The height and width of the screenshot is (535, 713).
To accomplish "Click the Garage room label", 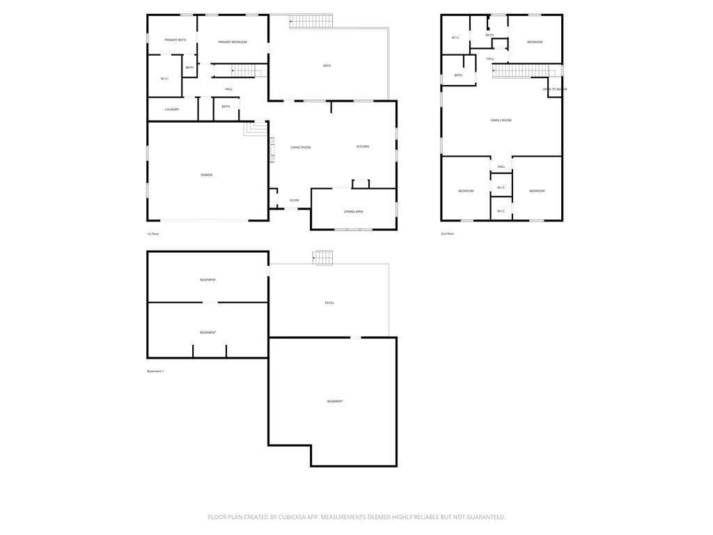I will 207,175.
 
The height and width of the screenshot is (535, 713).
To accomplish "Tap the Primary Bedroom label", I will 233,42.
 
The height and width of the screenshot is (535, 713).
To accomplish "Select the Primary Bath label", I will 175,40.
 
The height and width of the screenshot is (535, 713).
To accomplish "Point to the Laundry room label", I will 172,109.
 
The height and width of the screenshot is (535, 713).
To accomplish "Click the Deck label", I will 327,65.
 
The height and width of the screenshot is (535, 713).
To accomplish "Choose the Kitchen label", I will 363,146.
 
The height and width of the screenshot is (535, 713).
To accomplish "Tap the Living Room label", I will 301,148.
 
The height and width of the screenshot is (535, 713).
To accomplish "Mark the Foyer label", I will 295,201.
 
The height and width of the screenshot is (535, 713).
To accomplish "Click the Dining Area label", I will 354,211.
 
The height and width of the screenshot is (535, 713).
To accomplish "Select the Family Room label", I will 501,121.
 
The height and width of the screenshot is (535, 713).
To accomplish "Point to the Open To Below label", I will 555,89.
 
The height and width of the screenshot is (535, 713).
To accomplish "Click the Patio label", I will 329,303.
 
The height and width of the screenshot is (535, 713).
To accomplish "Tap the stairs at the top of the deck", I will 311,22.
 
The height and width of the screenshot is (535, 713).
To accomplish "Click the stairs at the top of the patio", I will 323,258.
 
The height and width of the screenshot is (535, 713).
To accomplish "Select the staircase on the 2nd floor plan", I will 526,71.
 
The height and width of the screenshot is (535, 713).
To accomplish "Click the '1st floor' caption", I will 153,234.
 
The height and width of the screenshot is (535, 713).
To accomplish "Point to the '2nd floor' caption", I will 447,234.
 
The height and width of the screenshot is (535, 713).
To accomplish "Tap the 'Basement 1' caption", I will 155,371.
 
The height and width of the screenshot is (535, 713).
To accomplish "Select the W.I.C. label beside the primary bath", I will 165,79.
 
